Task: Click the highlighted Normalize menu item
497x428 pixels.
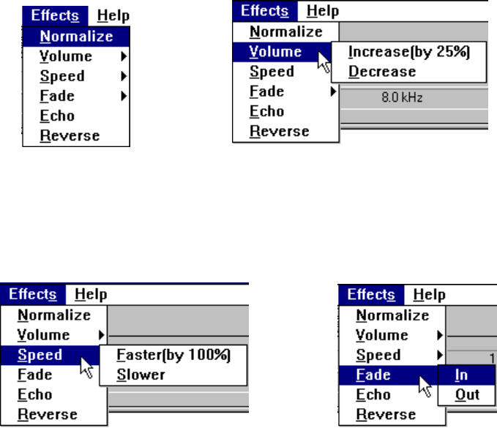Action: pos(76,37)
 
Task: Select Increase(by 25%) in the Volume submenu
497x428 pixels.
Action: pos(408,52)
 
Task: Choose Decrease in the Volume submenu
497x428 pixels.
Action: pos(382,72)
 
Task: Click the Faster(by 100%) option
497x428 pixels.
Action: pos(173,355)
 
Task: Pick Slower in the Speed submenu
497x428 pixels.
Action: pos(141,375)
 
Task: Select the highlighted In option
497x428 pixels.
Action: pos(466,375)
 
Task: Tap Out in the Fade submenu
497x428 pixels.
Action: pos(467,395)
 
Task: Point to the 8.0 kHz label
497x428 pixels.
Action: pos(402,97)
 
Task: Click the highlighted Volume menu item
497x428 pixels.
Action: pos(282,52)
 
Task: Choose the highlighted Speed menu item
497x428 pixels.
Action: pos(50,355)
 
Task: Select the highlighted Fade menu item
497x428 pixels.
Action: pos(389,375)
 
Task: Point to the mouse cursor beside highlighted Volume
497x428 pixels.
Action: pos(324,62)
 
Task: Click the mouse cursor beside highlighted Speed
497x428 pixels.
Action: pos(86,367)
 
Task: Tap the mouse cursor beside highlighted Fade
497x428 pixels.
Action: pos(425,386)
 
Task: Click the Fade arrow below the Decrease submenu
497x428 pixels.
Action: pos(333,91)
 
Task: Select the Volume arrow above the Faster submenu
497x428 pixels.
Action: pos(102,335)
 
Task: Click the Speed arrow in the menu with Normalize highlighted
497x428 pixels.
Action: pos(124,76)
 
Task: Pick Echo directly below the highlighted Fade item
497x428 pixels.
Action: pos(373,395)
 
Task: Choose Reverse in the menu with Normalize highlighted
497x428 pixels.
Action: pos(70,135)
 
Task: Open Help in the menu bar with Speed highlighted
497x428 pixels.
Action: pos(91,294)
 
